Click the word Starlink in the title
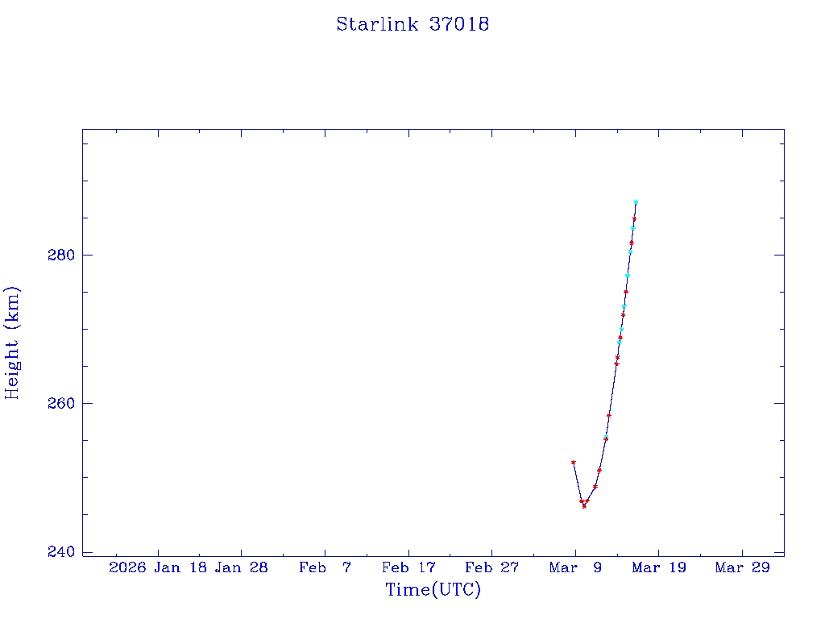(378, 24)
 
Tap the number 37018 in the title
(459, 24)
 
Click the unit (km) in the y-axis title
(12, 307)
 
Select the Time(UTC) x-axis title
(433, 590)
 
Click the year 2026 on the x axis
(127, 567)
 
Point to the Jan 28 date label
(242, 567)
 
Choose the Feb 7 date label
(325, 567)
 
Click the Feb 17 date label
(408, 567)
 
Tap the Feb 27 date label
(491, 567)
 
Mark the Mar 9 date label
(575, 567)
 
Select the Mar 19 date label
(658, 567)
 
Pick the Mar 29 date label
(742, 567)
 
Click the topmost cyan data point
(636, 202)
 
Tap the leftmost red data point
(573, 462)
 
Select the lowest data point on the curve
(584, 506)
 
